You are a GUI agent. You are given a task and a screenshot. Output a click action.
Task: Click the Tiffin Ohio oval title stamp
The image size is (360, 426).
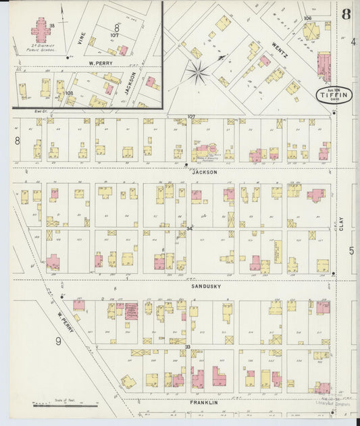pyautogui.click(x=333, y=95)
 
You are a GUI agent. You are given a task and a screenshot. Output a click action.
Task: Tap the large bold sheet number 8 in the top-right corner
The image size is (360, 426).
pyautogui.click(x=345, y=15)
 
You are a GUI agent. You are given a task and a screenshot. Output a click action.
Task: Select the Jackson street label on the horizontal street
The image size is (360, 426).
pyautogui.click(x=205, y=172)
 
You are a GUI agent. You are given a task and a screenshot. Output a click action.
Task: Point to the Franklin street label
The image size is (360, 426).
pyautogui.click(x=204, y=403)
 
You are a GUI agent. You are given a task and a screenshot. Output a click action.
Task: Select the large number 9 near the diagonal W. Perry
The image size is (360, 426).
pyautogui.click(x=58, y=341)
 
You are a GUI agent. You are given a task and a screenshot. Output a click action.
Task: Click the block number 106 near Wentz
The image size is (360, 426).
pyautogui.click(x=307, y=18)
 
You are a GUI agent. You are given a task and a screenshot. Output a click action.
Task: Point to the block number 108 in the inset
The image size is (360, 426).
pyautogui.click(x=69, y=92)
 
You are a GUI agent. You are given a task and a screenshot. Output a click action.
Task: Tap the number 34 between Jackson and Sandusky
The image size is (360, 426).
pyautogui.click(x=190, y=230)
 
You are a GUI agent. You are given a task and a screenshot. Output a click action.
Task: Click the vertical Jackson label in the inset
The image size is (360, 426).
pyautogui.click(x=133, y=82)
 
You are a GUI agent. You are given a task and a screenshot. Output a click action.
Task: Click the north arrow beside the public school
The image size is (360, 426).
pyautogui.click(x=62, y=11)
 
